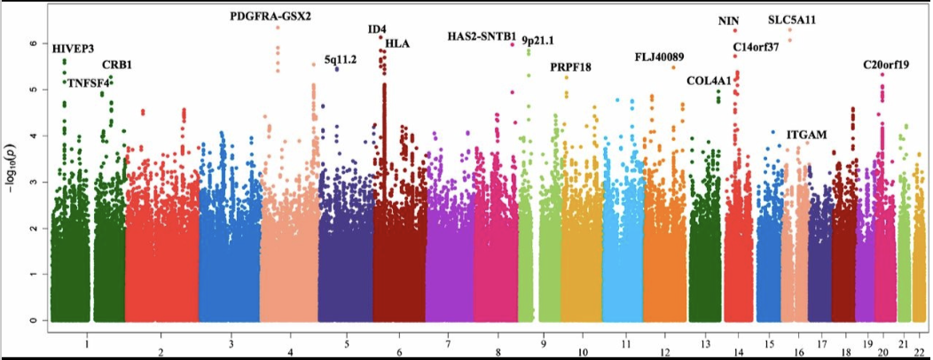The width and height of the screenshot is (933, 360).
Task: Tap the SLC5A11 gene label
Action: click(792, 20)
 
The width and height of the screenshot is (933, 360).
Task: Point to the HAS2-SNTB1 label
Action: click(482, 36)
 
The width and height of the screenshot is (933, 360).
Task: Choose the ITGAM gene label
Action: click(806, 134)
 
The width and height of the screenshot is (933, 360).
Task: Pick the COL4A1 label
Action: click(709, 81)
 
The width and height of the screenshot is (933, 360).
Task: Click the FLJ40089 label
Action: click(660, 58)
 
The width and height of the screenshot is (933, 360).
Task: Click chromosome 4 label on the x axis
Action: click(290, 341)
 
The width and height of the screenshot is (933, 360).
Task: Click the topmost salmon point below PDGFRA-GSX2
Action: click(278, 27)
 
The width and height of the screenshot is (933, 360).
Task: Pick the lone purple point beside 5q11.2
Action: click(337, 69)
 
